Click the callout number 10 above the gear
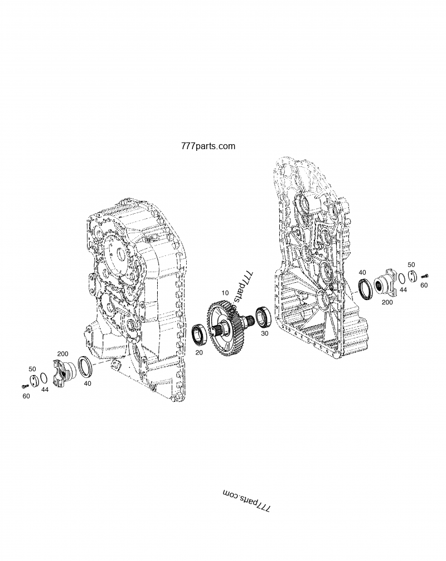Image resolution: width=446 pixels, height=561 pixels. (x=225, y=293)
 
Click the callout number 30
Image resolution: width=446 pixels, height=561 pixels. (x=264, y=333)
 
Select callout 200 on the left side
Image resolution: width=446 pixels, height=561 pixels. (x=63, y=354)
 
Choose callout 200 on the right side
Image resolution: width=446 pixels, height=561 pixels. (x=387, y=302)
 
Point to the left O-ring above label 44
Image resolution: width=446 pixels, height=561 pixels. (x=43, y=377)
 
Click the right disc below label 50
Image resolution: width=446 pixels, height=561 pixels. (x=411, y=277)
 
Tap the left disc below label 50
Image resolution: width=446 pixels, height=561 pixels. (x=35, y=380)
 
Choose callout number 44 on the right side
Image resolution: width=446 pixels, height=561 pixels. (x=403, y=290)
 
